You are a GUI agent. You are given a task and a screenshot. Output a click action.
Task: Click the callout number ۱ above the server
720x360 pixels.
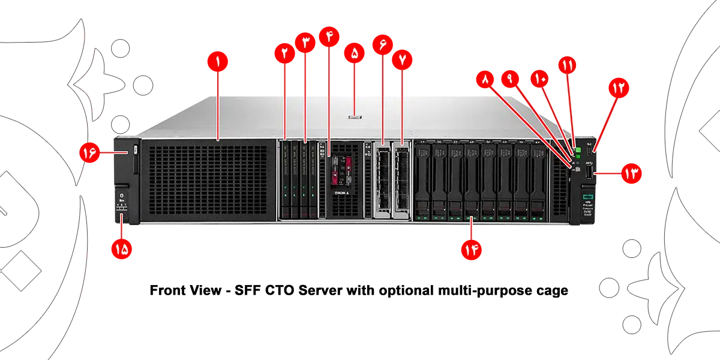tap(218, 60)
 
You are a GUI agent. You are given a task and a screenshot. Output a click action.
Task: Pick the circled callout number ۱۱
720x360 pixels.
tap(567, 64)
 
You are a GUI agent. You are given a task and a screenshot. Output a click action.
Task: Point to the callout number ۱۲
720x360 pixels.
tap(618, 88)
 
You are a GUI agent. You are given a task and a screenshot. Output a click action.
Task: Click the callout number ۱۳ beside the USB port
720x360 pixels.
tap(630, 174)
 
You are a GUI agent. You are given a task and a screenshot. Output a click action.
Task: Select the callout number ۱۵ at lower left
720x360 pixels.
tap(122, 250)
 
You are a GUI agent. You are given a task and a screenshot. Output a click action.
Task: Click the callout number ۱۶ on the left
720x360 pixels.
tap(91, 153)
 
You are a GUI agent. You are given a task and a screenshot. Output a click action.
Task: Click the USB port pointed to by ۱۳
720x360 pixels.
tap(590, 173)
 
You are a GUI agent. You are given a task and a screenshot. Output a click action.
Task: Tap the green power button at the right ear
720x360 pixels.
tap(578, 149)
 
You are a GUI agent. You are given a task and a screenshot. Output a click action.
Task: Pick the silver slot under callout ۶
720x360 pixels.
tap(382, 178)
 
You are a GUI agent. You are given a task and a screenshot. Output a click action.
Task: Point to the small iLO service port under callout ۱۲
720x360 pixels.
tap(590, 150)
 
